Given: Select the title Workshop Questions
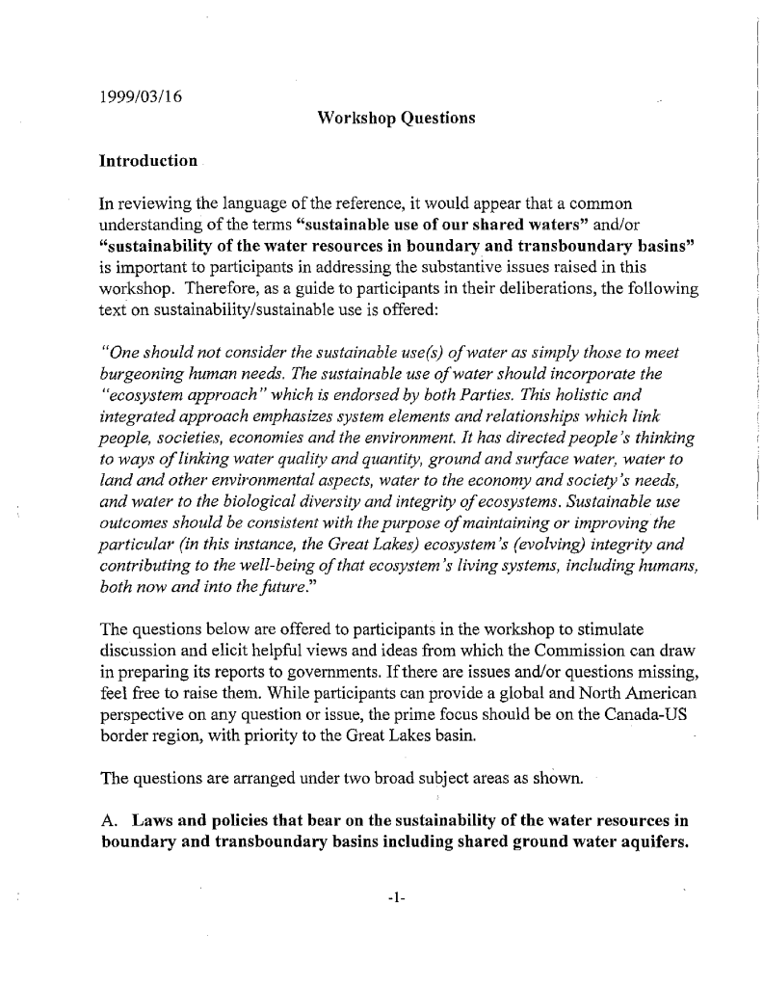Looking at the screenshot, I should coord(381,119).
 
